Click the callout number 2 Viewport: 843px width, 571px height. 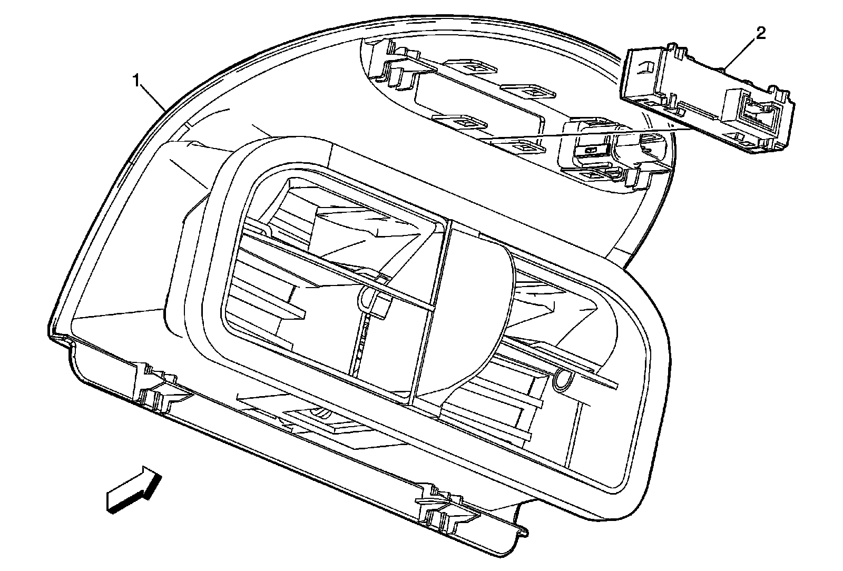point(760,34)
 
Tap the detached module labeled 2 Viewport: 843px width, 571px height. point(706,100)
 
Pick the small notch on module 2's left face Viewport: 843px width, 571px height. point(645,67)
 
